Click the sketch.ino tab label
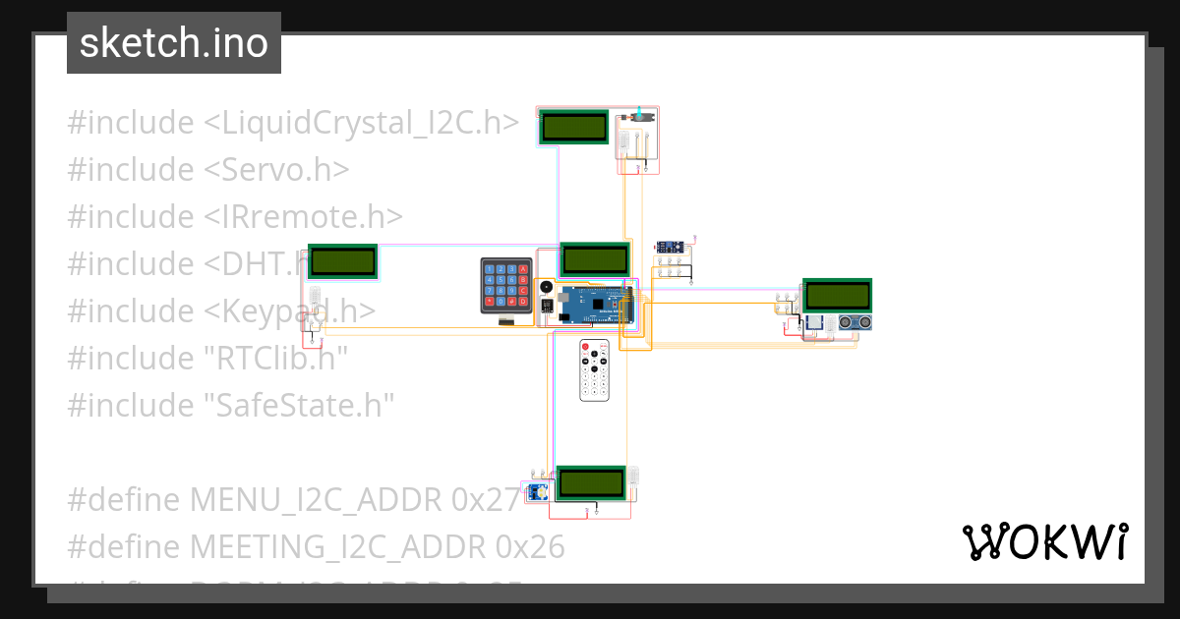[173, 43]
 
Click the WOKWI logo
[1043, 541]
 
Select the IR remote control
[595, 369]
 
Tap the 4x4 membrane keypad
[505, 285]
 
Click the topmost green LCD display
[574, 126]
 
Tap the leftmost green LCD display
[342, 261]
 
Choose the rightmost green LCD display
[837, 295]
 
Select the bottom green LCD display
[591, 482]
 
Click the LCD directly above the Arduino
[595, 259]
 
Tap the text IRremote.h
[304, 216]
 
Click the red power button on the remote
[585, 348]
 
